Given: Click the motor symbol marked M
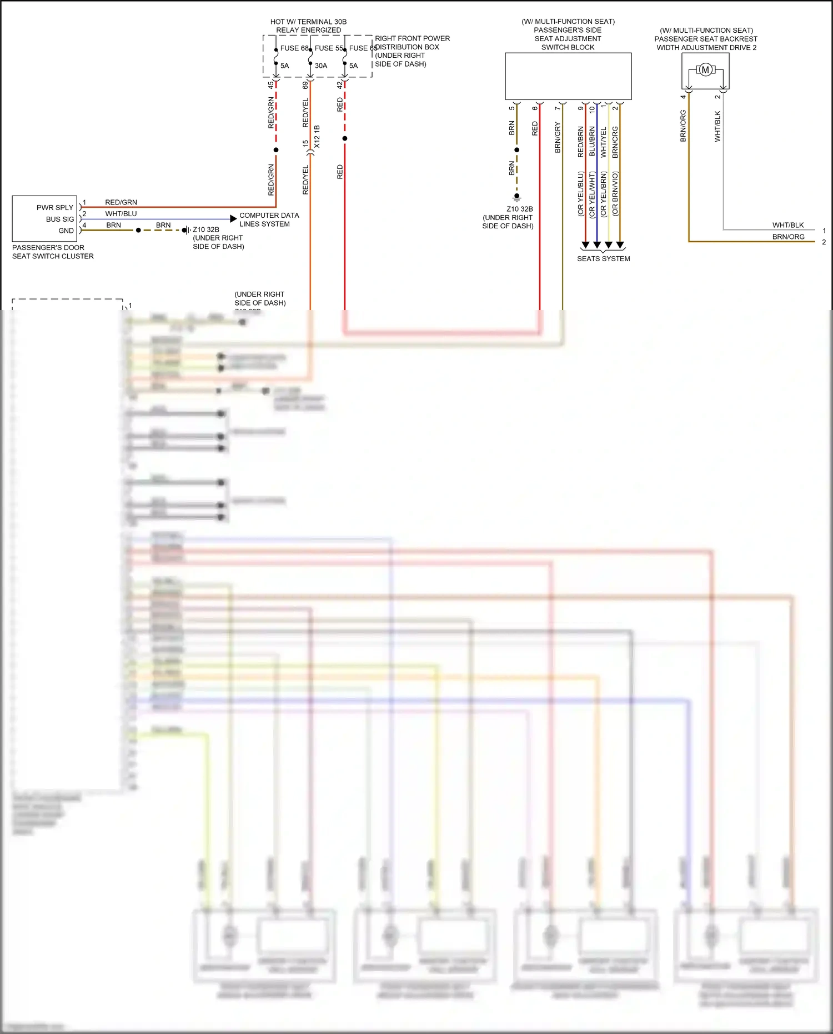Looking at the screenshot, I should click(x=705, y=70).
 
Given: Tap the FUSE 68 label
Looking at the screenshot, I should click(x=294, y=48).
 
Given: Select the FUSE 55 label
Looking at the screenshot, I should click(x=329, y=48).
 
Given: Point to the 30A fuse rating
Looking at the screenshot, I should click(x=321, y=66).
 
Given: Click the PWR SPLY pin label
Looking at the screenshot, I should click(x=55, y=207).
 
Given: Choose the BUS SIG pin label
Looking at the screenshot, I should click(x=60, y=219).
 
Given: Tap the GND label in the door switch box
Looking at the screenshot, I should click(x=66, y=231).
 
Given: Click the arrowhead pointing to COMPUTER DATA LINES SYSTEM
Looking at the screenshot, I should click(x=233, y=219).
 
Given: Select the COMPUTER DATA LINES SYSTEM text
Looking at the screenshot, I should click(x=269, y=219).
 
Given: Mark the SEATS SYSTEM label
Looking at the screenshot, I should click(x=603, y=258).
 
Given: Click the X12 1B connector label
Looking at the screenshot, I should click(x=317, y=137).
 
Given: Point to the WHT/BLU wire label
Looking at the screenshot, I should click(x=121, y=213).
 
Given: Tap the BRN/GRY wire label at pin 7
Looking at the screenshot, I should click(x=558, y=137).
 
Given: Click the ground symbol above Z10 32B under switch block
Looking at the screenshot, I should click(x=516, y=197).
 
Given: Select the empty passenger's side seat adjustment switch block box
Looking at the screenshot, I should click(x=568, y=76).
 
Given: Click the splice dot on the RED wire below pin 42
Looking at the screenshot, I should click(x=345, y=138).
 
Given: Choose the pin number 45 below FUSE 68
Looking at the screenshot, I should click(x=270, y=85).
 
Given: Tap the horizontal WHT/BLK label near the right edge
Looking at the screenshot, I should click(x=788, y=225).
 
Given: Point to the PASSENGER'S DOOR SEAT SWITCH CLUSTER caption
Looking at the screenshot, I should click(x=53, y=252).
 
